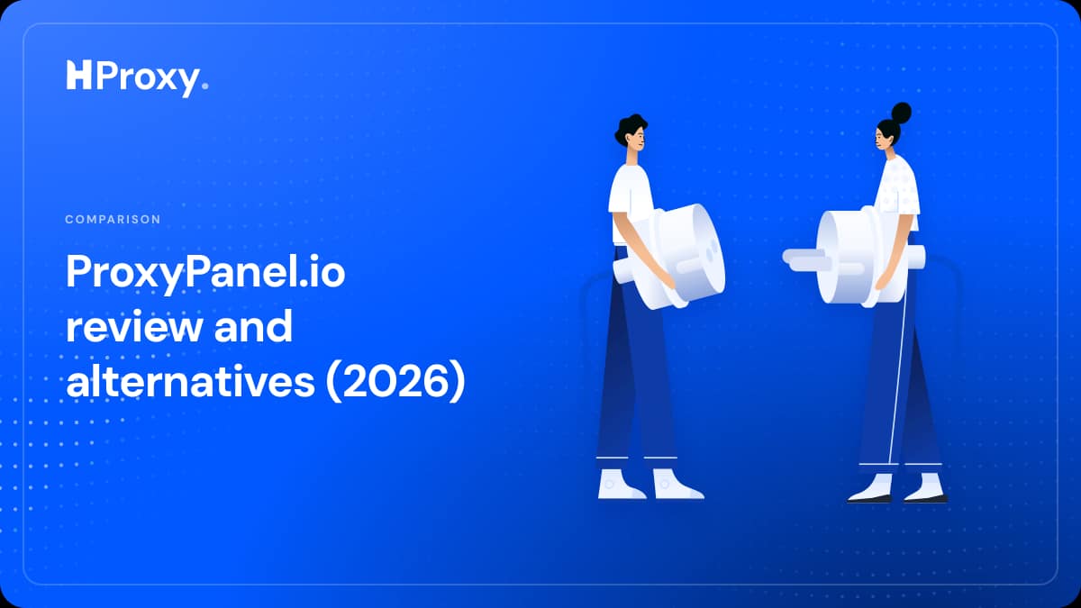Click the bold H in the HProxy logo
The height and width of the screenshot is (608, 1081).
pos(78,76)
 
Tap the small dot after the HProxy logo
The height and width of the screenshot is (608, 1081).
pos(204,86)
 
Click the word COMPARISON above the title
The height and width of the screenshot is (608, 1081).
pos(113,220)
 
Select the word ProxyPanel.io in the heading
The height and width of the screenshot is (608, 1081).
pos(205,274)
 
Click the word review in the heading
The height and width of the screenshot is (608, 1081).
pos(134,327)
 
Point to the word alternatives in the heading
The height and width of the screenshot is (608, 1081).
pos(191,381)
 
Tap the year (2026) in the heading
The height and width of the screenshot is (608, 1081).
pos(395,382)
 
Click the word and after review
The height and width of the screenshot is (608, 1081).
pos(253,326)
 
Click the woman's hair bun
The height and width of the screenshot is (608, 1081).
pos(901,113)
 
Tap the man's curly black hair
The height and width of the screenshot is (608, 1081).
pos(629,128)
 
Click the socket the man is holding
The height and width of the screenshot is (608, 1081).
pos(676,256)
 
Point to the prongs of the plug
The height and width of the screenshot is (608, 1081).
pos(807,259)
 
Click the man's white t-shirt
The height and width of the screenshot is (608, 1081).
pos(631,198)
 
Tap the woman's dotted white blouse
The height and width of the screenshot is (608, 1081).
pos(897,188)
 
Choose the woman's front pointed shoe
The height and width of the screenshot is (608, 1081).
pos(870,489)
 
